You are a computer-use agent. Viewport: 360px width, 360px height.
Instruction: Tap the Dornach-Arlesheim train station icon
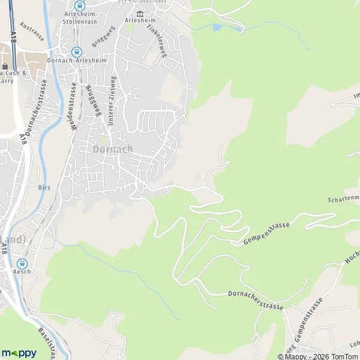coord(76,52)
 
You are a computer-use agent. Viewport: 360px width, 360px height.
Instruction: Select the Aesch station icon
coord(22,263)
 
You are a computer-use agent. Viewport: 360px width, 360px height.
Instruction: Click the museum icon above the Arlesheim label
coord(140,13)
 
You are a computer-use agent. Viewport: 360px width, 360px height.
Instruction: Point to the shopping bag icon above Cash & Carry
coord(5,66)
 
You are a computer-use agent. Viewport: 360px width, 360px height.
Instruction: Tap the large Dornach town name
coord(113,149)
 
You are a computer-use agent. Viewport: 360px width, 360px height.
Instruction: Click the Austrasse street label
coord(32,29)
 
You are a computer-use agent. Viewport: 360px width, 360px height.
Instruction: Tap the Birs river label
coord(43,187)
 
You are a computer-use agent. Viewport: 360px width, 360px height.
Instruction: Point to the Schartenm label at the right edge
coord(343,198)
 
